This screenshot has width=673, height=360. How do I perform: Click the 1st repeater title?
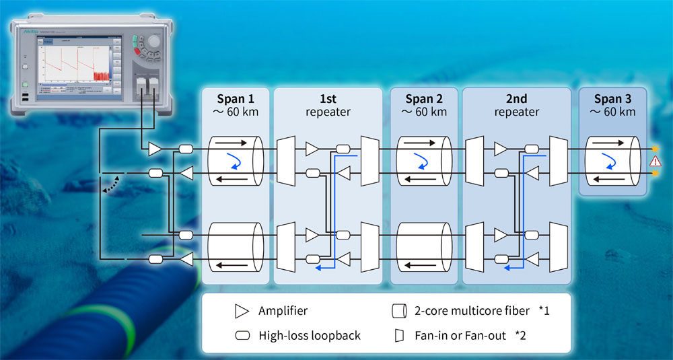click(328, 104)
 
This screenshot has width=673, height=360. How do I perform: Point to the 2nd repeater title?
click(517, 104)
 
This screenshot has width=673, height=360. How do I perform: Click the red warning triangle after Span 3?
click(653, 161)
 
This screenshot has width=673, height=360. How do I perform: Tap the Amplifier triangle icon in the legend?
click(240, 312)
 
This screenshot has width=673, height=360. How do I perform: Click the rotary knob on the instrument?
click(153, 41)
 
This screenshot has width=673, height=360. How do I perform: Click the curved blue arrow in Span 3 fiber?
click(609, 160)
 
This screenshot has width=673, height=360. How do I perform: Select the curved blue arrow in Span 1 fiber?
click(234, 160)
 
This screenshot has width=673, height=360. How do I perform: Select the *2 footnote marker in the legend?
click(522, 335)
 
